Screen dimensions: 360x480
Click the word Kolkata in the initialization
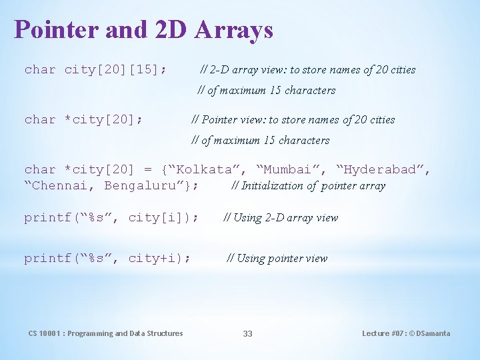(209, 170)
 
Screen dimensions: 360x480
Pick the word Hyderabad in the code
(383, 170)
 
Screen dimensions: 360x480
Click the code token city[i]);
(163, 217)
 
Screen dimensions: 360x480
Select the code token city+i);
(159, 258)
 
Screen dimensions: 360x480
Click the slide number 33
(247, 333)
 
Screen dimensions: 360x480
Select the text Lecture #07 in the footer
(383, 333)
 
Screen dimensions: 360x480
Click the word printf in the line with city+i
(47, 258)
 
